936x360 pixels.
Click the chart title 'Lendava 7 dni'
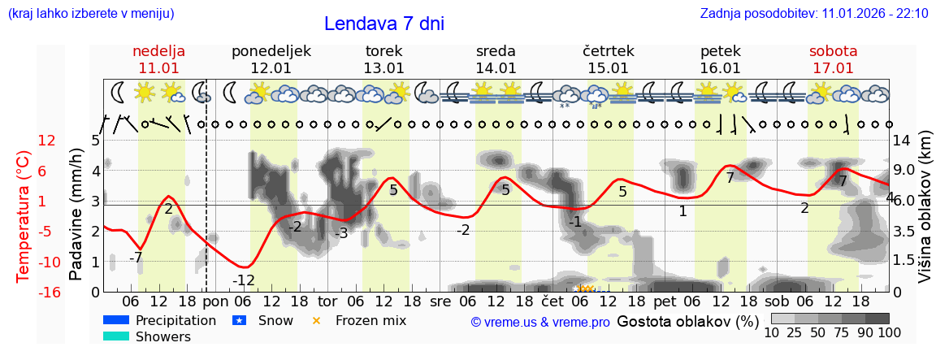point(384,24)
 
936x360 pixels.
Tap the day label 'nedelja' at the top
point(159,51)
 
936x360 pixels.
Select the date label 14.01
point(496,68)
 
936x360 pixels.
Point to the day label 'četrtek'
point(609,51)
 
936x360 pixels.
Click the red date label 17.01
point(833,68)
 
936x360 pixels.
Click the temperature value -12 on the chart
point(244,280)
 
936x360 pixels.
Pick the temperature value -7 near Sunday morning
point(136,258)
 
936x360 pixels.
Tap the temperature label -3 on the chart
point(341,233)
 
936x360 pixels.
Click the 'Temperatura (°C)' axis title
point(24,215)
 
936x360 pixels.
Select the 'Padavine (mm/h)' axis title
point(76,215)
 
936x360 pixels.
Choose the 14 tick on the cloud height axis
point(902,141)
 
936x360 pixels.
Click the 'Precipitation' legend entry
point(175,320)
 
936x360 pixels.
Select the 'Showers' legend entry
point(163,336)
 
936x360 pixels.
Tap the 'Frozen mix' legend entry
point(370,320)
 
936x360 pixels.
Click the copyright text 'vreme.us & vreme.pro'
point(540,322)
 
